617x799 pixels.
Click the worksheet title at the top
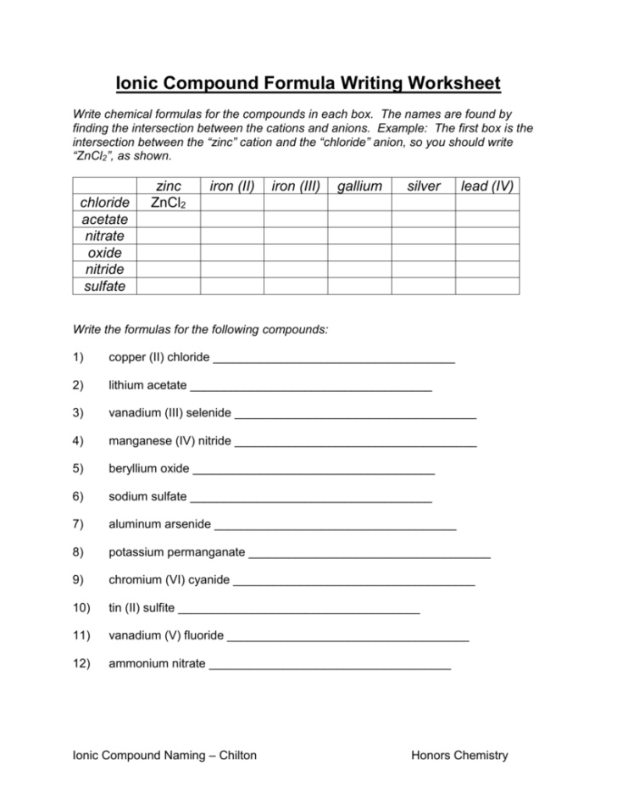point(308,83)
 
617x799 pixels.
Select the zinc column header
point(169,186)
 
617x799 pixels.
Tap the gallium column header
point(359,186)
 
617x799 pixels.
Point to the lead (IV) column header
point(487,186)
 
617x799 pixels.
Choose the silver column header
point(424,186)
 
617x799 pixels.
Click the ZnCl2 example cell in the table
point(169,203)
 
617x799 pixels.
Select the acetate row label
point(105,220)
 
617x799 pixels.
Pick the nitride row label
point(105,270)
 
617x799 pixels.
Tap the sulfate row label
point(105,287)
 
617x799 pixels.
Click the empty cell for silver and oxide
point(424,253)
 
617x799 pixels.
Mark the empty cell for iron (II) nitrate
point(232,237)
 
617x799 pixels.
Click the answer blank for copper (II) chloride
point(334,359)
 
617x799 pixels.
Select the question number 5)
point(79,468)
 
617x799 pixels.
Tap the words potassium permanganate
point(176,552)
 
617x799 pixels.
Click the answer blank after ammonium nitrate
point(330,665)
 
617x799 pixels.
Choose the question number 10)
point(81,608)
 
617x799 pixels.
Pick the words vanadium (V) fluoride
point(166,635)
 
